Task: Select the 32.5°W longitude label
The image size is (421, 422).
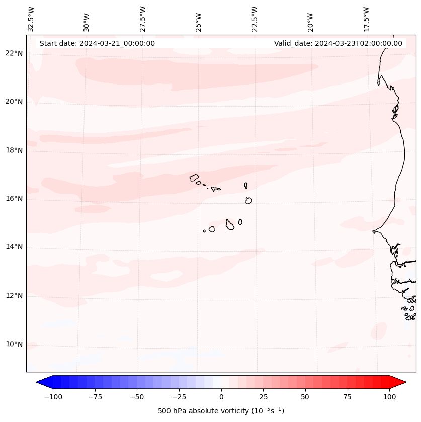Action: click(x=31, y=19)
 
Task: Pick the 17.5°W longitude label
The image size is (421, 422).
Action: click(x=366, y=19)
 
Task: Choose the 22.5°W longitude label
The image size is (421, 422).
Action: click(x=255, y=19)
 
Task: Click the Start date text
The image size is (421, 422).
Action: click(x=97, y=43)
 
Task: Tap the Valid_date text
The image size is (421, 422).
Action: click(x=338, y=43)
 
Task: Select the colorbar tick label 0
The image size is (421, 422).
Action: click(x=221, y=397)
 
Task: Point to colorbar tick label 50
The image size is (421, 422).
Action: click(x=305, y=397)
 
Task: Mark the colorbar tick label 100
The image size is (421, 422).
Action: click(x=390, y=397)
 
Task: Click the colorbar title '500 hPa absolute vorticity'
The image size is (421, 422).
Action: click(x=221, y=411)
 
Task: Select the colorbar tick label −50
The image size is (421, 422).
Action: click(x=137, y=397)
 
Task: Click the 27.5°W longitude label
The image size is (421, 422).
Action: click(x=143, y=19)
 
